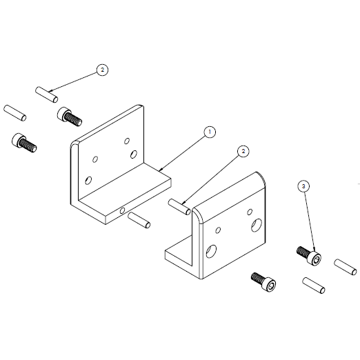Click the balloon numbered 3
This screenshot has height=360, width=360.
[x=304, y=186]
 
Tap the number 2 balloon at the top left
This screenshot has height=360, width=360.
[x=102, y=70]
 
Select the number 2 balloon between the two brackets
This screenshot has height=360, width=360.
[x=242, y=151]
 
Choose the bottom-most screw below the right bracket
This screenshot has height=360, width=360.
[x=264, y=281]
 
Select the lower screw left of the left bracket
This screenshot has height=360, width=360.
[x=25, y=143]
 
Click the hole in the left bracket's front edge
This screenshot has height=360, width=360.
[x=122, y=210]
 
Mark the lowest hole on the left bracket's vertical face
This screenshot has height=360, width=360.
[x=88, y=180]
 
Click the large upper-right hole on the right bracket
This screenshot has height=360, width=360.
[x=257, y=223]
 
